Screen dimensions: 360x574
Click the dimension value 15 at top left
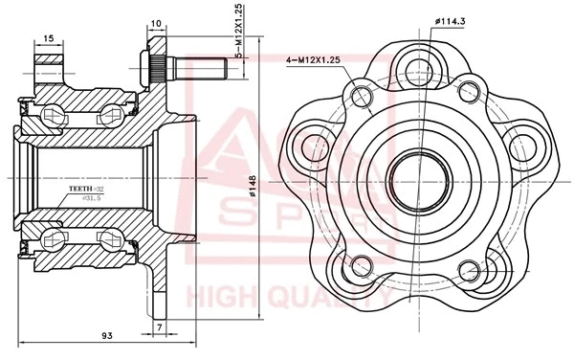(48, 40)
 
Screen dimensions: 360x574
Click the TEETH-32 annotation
(87, 190)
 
